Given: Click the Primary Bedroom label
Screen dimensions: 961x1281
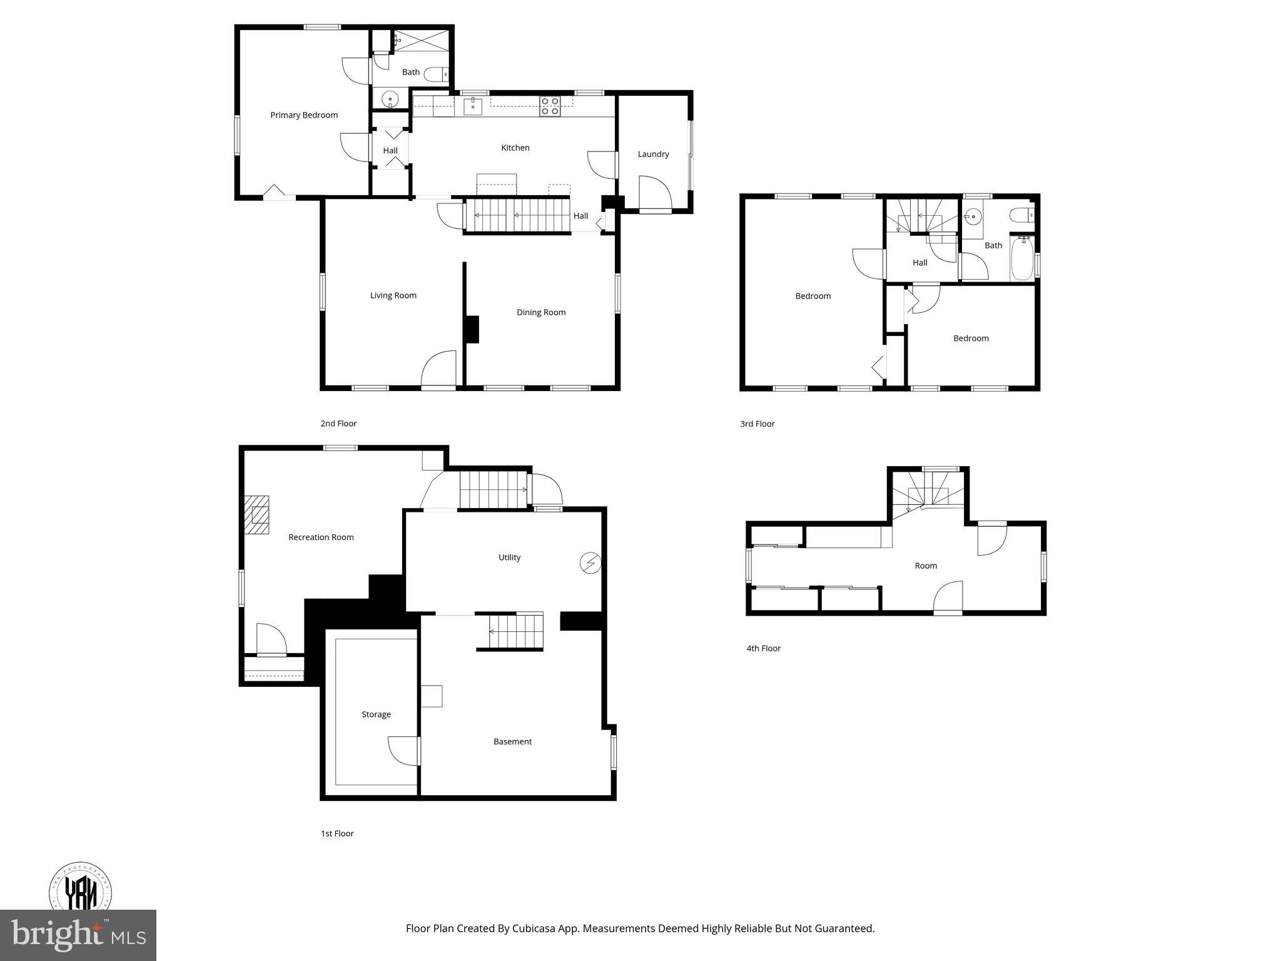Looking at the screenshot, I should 304,115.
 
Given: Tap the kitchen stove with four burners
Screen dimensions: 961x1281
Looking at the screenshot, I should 550,106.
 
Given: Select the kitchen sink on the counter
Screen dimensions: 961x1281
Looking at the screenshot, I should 473,106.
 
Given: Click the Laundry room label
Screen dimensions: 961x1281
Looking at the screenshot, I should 653,154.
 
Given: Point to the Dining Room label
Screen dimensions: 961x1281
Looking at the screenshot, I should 541,312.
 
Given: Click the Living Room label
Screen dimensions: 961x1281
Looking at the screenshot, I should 393,295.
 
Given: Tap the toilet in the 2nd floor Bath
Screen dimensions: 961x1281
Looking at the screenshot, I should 436,75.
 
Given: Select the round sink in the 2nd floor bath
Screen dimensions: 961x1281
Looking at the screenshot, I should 390,99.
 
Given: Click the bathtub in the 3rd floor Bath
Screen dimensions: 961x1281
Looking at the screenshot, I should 1022,258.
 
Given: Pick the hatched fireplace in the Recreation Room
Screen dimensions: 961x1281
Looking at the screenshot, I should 256,515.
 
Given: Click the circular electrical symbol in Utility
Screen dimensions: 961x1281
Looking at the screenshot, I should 590,563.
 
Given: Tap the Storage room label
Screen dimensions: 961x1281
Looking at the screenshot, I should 376,714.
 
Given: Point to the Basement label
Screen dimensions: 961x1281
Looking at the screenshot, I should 512,741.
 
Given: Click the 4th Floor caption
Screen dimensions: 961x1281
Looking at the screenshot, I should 763,648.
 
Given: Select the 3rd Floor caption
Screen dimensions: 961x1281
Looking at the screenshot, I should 757,424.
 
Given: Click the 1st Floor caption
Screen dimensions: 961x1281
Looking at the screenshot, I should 337,833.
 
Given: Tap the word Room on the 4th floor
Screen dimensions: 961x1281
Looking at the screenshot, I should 926,566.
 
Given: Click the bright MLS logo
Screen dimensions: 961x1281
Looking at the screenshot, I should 78,935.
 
